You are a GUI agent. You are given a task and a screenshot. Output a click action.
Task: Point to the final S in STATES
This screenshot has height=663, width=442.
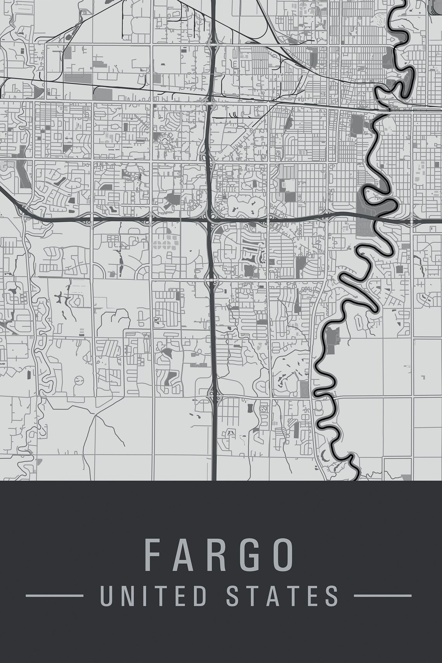coord(332,596)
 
